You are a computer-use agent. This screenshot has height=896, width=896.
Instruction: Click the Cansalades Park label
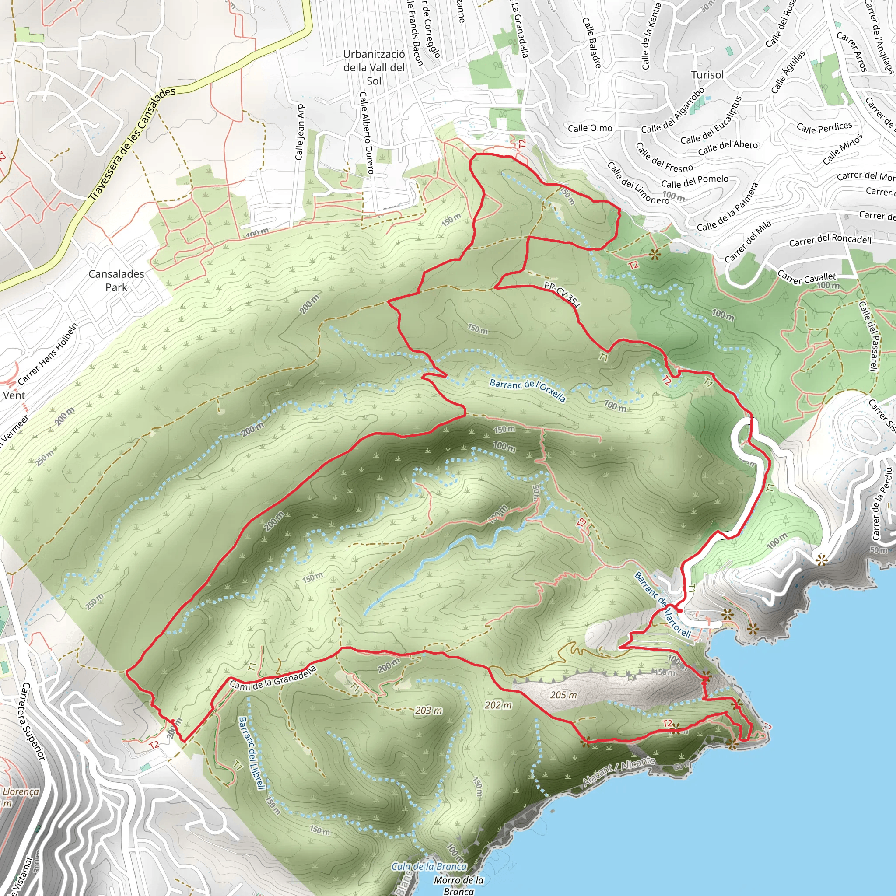click(x=116, y=280)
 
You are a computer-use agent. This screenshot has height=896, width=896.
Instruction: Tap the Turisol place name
click(x=707, y=75)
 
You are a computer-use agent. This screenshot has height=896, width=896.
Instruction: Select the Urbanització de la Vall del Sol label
click(x=374, y=68)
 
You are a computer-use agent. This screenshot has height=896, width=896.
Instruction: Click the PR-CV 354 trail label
click(x=562, y=294)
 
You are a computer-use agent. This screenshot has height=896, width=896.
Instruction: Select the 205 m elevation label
click(x=563, y=695)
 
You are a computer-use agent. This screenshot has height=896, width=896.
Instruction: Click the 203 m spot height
click(x=428, y=710)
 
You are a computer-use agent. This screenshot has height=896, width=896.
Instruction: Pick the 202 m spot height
click(x=499, y=705)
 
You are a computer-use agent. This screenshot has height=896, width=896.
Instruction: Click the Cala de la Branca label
click(x=429, y=866)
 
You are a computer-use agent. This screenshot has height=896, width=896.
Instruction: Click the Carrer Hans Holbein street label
click(x=48, y=354)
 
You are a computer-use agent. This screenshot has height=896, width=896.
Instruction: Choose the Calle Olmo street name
click(x=590, y=128)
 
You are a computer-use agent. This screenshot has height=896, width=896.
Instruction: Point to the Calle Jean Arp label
click(x=300, y=132)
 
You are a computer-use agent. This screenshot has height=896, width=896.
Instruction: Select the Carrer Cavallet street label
click(x=806, y=278)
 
